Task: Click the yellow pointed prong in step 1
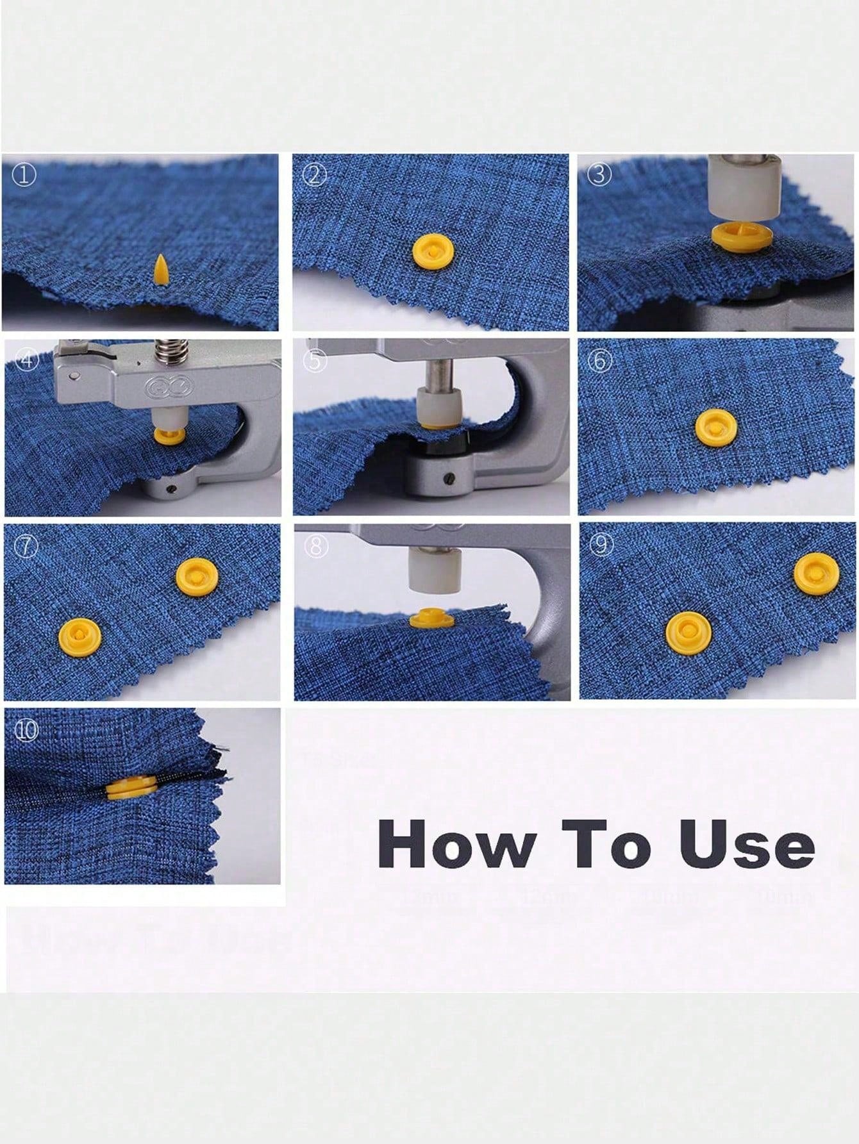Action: pyautogui.click(x=161, y=269)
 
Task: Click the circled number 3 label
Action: pyautogui.click(x=599, y=175)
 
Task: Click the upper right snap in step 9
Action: pyautogui.click(x=812, y=572)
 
